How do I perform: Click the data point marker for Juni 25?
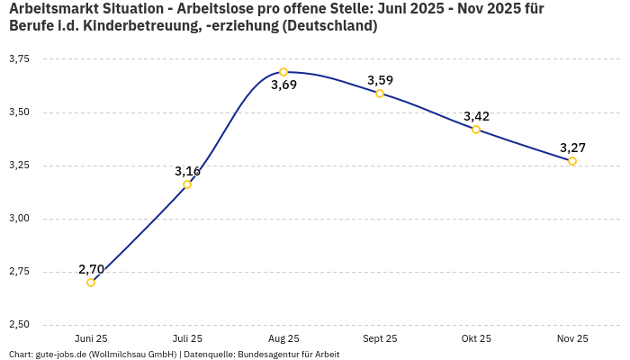click(91, 283)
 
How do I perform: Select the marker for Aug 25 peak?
click(283, 72)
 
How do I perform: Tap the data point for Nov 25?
click(572, 161)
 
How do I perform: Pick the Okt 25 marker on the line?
click(476, 130)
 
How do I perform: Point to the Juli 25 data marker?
click(187, 184)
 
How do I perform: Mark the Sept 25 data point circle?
click(380, 94)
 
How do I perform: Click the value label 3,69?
click(283, 85)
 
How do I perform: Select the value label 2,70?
click(91, 269)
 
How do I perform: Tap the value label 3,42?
click(476, 116)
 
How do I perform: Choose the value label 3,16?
click(187, 171)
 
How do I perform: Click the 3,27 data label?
click(572, 148)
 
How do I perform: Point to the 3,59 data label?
click(380, 80)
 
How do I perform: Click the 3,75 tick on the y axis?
click(19, 59)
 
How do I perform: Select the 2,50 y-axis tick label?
click(19, 325)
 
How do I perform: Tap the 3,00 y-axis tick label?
click(19, 219)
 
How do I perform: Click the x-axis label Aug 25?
click(283, 338)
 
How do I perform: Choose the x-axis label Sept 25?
click(380, 338)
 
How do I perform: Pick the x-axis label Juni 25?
click(91, 338)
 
